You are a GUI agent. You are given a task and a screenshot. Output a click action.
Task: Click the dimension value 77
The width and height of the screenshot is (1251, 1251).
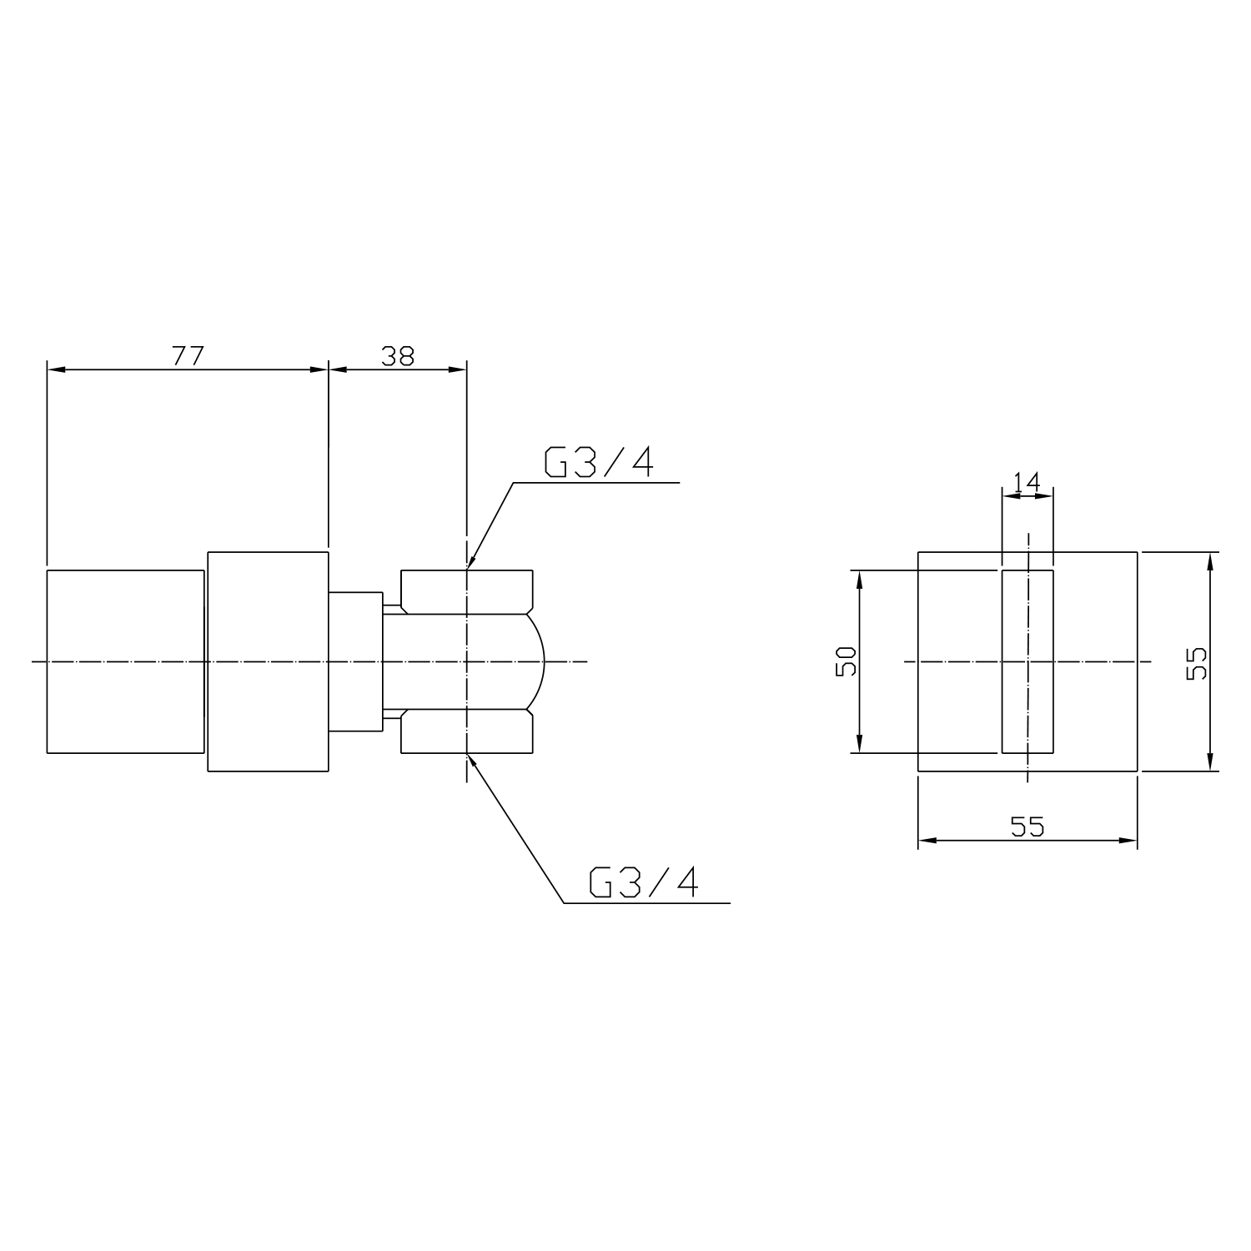188,355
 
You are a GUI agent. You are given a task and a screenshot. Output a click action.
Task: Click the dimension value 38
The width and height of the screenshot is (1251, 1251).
398,355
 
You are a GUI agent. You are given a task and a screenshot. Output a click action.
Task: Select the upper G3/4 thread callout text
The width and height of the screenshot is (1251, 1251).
598,462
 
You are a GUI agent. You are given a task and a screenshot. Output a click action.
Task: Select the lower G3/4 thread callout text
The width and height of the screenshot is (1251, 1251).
643,882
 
